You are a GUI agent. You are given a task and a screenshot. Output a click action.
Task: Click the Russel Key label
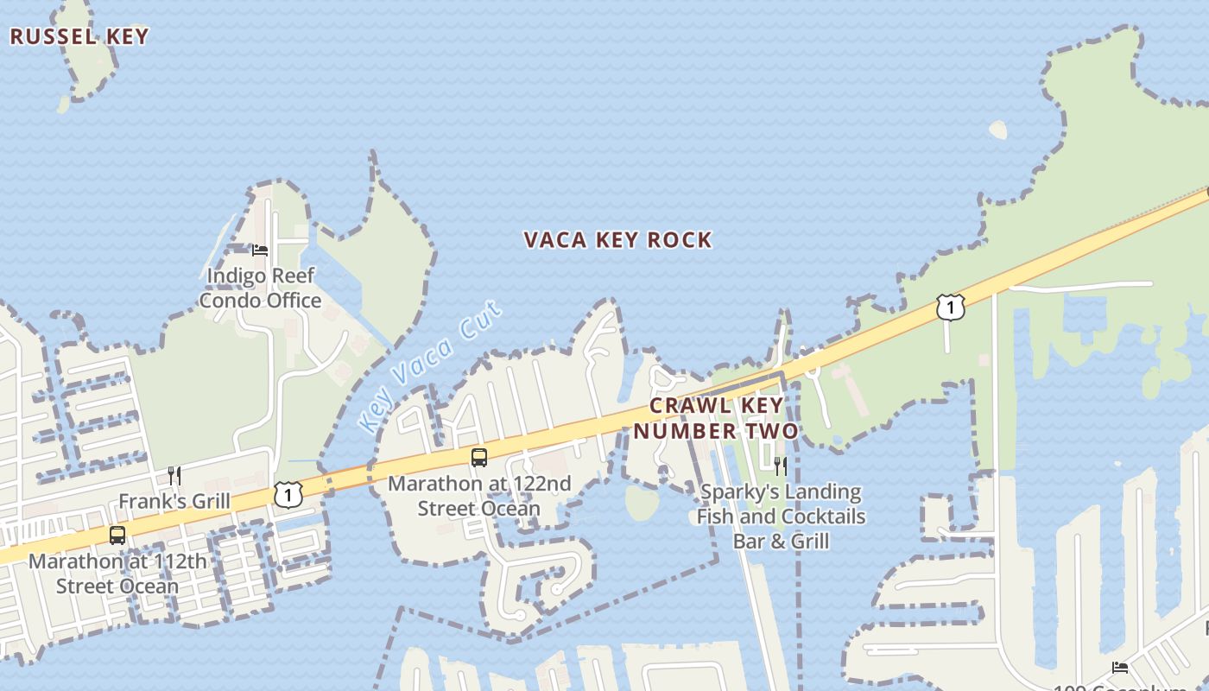[x=79, y=36]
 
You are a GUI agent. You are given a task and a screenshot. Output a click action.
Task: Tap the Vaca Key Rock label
[x=618, y=240]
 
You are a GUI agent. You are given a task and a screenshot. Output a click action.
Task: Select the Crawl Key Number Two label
[x=716, y=418]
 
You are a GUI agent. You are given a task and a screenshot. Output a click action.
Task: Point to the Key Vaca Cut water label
[x=428, y=367]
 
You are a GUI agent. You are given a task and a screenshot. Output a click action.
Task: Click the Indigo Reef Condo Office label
[x=260, y=288]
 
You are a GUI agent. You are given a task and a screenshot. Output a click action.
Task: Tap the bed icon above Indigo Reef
[x=260, y=250]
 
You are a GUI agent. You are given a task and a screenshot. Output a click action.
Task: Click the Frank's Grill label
[x=174, y=501]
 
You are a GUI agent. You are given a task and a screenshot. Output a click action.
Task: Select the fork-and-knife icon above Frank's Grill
[x=174, y=475]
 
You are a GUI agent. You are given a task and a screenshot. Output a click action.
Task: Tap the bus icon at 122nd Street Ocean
[x=479, y=457]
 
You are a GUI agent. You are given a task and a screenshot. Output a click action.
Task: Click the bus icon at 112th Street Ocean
[x=117, y=535]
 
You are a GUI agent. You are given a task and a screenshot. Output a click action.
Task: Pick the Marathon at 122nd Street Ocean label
[x=479, y=496]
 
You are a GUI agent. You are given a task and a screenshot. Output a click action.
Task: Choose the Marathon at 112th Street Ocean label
[x=117, y=574]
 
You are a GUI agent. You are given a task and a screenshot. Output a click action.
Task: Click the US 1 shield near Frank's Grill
[x=288, y=494]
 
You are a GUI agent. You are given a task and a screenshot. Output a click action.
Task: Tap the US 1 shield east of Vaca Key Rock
[x=950, y=307]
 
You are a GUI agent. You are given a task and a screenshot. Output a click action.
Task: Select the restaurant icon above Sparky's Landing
[x=781, y=466]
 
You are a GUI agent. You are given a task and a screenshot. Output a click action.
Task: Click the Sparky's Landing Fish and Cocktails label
[x=782, y=517]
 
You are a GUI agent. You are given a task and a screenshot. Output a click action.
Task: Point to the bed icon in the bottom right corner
[x=1120, y=667]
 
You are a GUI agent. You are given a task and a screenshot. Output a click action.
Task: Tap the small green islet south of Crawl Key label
[x=642, y=504]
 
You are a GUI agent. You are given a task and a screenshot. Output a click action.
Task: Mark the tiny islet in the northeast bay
[x=998, y=130]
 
